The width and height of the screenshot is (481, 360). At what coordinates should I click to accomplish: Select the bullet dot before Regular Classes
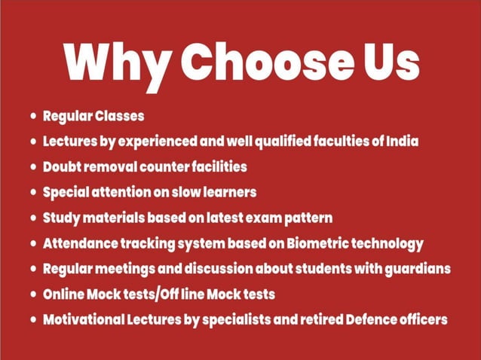(33, 117)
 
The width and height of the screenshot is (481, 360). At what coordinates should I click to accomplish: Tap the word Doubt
(63, 166)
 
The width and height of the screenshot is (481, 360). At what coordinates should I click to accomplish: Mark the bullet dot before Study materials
(33, 218)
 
